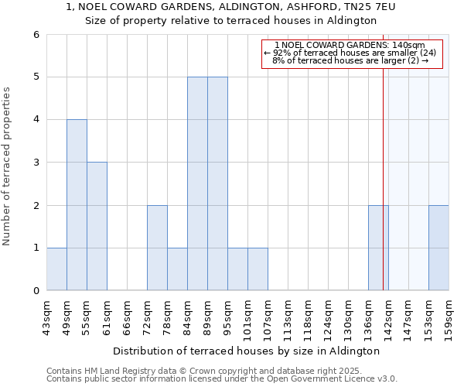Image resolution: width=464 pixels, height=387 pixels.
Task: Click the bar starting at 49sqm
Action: (77, 205)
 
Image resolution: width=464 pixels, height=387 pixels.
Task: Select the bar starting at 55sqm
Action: (97, 226)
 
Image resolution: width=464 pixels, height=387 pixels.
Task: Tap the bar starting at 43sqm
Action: (56, 269)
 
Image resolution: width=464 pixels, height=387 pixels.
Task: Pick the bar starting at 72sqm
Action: (157, 248)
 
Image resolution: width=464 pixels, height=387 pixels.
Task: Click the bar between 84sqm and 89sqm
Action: (197, 183)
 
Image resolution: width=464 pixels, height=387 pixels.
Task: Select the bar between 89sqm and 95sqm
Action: (217, 183)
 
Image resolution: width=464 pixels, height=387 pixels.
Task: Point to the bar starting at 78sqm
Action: (177, 269)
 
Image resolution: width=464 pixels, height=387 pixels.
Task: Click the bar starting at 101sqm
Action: (258, 269)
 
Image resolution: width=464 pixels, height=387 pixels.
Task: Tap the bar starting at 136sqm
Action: (378, 248)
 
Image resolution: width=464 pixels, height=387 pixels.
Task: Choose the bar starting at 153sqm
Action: (438, 248)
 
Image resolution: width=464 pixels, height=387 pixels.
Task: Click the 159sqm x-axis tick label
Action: (449, 316)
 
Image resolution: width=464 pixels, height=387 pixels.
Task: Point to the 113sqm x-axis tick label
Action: (288, 316)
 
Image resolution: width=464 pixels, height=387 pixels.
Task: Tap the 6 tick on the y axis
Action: (36, 35)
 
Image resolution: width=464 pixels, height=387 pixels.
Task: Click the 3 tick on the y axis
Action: (36, 163)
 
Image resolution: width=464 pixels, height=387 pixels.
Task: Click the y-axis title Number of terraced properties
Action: (8, 166)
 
